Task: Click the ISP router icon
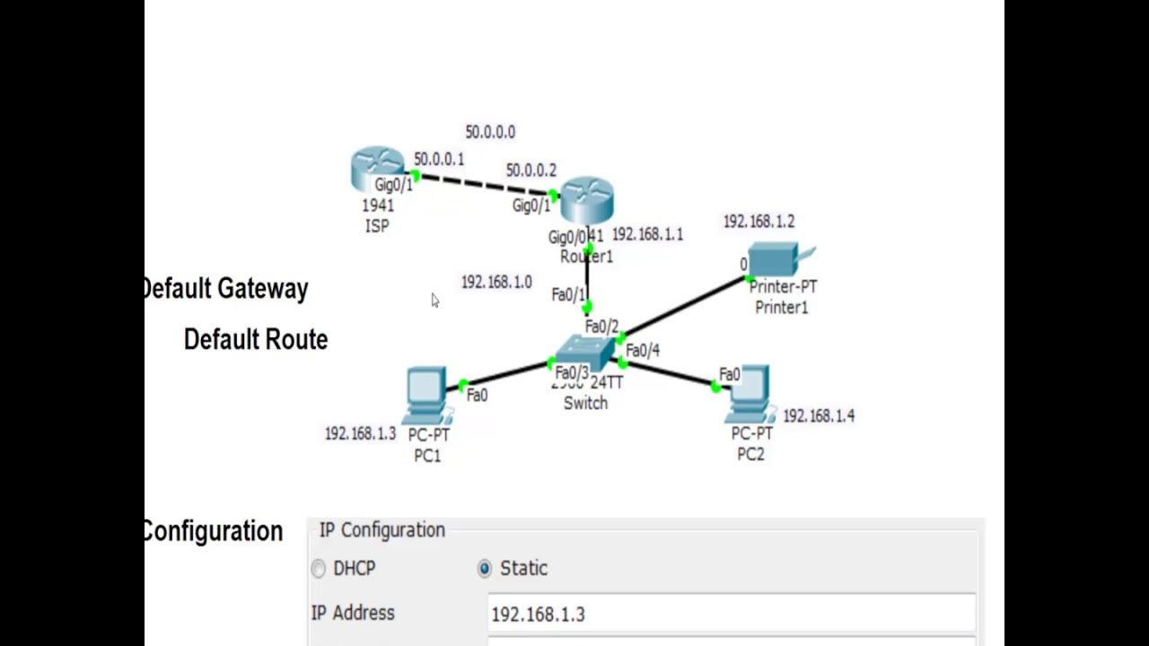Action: click(x=378, y=170)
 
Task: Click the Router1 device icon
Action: click(x=586, y=200)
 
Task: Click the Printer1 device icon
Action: click(x=774, y=259)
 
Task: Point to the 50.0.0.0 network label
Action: click(x=490, y=132)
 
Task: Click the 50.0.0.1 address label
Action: click(x=439, y=159)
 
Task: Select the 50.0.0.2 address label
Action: click(x=531, y=170)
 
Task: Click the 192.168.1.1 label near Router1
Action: click(x=647, y=234)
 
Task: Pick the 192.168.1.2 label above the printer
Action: click(x=759, y=222)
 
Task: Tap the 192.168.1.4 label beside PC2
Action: click(x=819, y=415)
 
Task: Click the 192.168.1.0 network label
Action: click(x=496, y=282)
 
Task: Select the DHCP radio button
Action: click(x=319, y=568)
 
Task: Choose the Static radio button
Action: click(x=485, y=568)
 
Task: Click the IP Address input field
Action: click(x=731, y=614)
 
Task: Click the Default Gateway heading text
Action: click(x=225, y=289)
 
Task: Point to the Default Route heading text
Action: click(x=256, y=339)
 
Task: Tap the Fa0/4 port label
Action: click(x=643, y=350)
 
